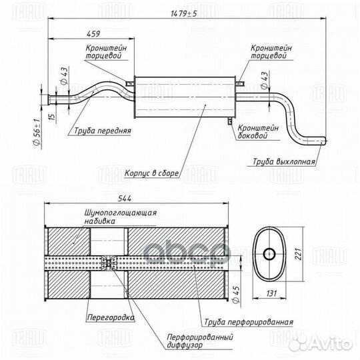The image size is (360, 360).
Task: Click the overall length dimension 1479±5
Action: point(184,14)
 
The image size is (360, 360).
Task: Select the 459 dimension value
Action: point(93,34)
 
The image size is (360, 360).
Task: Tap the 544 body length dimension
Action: point(125,199)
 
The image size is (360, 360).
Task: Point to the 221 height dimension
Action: point(298,254)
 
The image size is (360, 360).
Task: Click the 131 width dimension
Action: point(271,293)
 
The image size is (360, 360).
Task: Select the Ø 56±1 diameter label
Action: point(37,132)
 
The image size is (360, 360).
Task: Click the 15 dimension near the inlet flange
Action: point(53,116)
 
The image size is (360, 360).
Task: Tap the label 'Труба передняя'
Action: point(103,131)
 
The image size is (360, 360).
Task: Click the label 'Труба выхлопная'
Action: point(284,161)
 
